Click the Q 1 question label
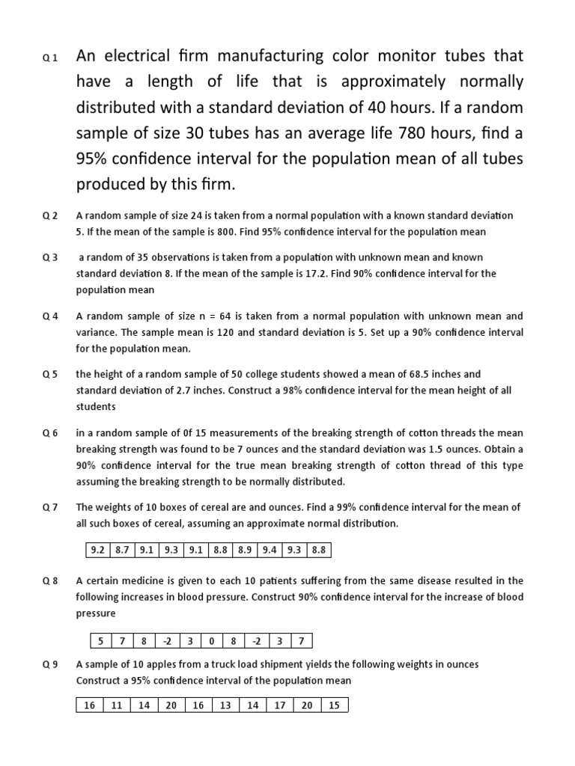pos(49,58)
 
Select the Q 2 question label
pos(49,215)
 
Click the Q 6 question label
pos(49,433)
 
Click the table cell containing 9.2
pos(97,551)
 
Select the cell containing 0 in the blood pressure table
pos(212,640)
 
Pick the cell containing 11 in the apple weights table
pos(116,705)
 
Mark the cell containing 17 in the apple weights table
pos(280,705)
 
